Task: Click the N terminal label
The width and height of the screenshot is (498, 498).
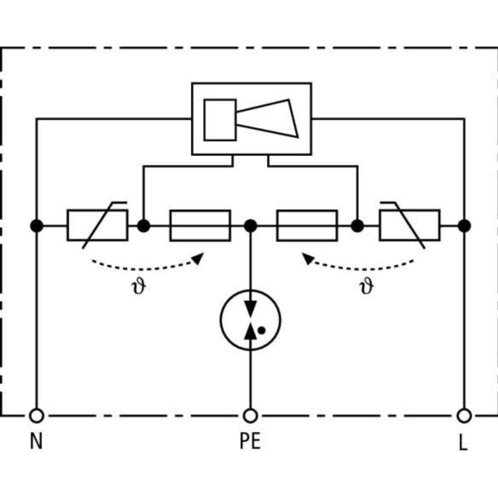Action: (36, 442)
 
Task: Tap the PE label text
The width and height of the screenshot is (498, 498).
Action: (250, 442)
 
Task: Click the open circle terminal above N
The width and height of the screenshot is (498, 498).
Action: (36, 415)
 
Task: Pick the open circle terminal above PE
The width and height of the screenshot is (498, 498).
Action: (250, 415)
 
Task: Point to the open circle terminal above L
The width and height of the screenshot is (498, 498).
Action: (464, 415)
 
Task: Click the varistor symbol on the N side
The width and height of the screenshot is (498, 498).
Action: (97, 225)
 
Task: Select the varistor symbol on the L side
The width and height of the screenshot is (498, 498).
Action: (409, 225)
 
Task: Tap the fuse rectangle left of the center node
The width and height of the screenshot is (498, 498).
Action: (200, 225)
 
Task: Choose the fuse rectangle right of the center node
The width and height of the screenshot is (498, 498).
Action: (307, 225)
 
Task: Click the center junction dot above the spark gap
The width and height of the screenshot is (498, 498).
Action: (250, 226)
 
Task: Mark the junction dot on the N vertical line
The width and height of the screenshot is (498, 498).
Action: (36, 226)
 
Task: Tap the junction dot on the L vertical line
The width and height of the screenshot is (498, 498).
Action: (464, 226)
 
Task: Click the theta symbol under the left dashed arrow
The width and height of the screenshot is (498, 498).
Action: (140, 287)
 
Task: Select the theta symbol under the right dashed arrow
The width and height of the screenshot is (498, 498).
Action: (366, 287)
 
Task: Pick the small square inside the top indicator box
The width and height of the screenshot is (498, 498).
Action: (219, 119)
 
